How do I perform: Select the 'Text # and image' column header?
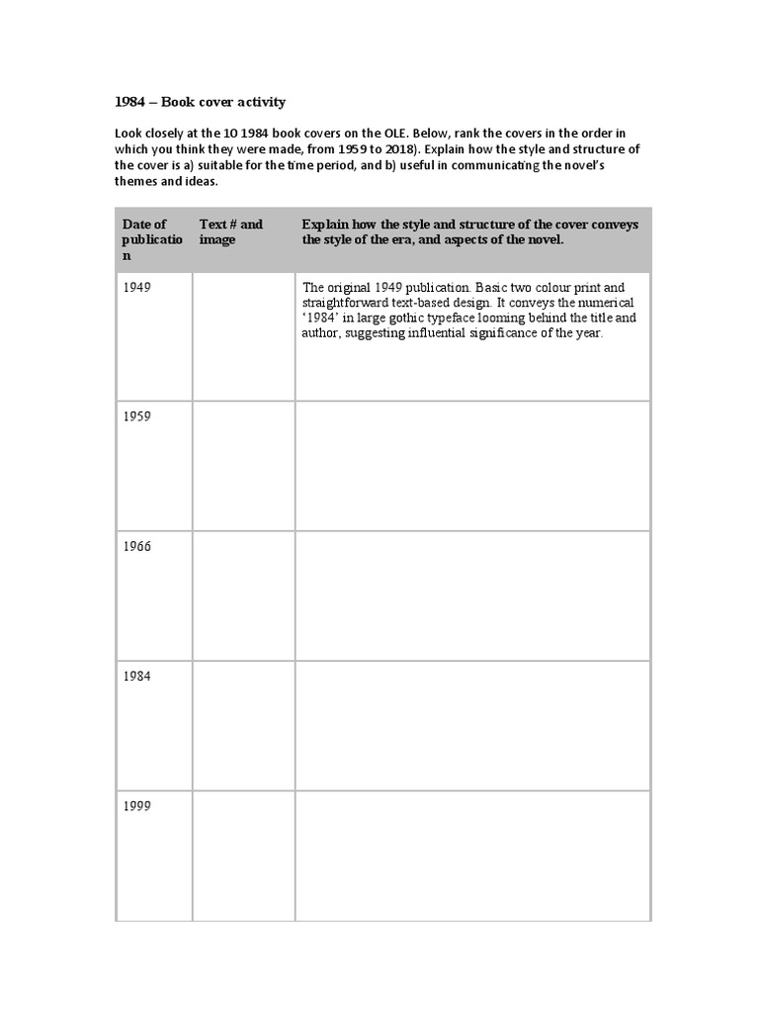tap(231, 231)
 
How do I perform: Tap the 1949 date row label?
tap(137, 287)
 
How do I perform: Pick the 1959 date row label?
tap(137, 416)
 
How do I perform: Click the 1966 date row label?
tap(137, 546)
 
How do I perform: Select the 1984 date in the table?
tap(137, 676)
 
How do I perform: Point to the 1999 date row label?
tap(137, 805)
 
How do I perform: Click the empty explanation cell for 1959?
tap(472, 466)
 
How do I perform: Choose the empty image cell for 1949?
tap(243, 336)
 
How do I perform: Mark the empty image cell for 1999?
tap(243, 856)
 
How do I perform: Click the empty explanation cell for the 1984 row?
tap(472, 725)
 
